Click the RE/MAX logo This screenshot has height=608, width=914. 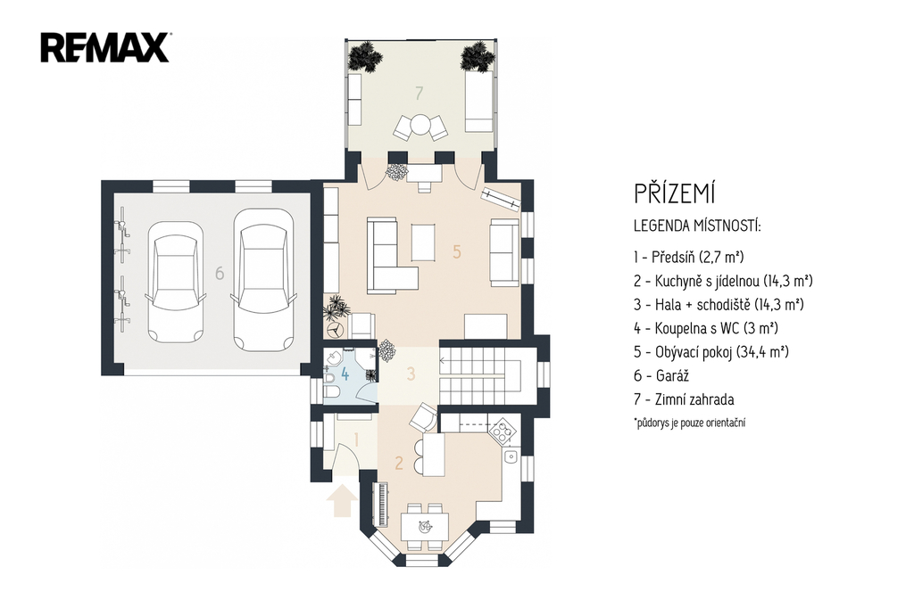tap(105, 47)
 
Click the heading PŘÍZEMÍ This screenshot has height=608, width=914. tap(675, 194)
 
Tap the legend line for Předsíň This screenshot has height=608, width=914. tap(689, 257)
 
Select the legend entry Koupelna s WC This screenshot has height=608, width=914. tap(706, 328)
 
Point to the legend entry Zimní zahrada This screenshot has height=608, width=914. tap(684, 400)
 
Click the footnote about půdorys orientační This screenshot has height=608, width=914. tap(690, 423)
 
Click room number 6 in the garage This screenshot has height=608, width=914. tap(220, 273)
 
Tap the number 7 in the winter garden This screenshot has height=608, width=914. tap(419, 93)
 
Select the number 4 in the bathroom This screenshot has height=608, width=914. tap(345, 374)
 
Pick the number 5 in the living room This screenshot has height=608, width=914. tap(456, 251)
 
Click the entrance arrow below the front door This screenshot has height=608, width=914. tap(342, 501)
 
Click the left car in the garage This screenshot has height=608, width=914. tap(176, 282)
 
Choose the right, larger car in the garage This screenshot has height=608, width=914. tap(262, 280)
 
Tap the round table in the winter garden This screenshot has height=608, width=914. tap(420, 125)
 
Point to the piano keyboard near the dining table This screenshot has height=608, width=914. tap(382, 502)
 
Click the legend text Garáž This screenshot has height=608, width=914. tap(661, 376)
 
